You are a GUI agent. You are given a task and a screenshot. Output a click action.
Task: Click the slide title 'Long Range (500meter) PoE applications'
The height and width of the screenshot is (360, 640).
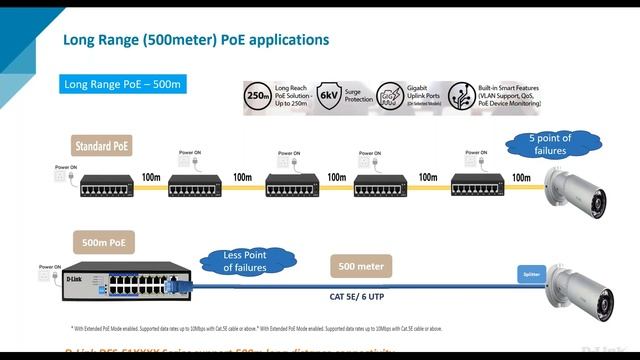(x=195, y=41)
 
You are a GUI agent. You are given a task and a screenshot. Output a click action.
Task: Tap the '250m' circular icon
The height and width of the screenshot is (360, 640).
(x=255, y=96)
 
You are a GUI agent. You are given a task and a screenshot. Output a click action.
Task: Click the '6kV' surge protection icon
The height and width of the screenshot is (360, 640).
(x=330, y=96)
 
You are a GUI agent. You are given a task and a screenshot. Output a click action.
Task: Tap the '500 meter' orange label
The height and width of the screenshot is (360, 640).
(x=361, y=266)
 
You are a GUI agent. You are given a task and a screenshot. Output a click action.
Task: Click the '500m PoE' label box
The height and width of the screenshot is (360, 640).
(x=103, y=242)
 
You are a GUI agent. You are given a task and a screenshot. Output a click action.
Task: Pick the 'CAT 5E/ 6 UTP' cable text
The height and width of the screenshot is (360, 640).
(x=358, y=295)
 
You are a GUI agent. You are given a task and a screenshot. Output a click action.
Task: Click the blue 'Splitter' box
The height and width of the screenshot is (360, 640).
(x=530, y=273)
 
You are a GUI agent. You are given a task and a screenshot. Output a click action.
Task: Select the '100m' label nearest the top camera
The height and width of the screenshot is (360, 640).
(x=521, y=177)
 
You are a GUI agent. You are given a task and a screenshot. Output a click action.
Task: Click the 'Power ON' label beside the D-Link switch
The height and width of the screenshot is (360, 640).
(x=49, y=267)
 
